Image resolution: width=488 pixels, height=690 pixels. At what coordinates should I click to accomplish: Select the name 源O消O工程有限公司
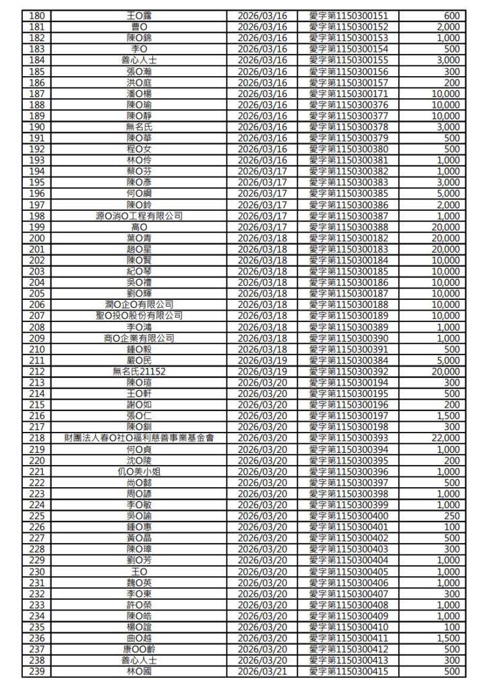[x=140, y=216]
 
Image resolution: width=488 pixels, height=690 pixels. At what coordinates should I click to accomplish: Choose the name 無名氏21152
[x=140, y=372]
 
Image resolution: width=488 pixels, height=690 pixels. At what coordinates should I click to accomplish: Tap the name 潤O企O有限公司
[x=140, y=305]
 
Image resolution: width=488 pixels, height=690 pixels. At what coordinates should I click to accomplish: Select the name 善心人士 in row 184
[x=140, y=60]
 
